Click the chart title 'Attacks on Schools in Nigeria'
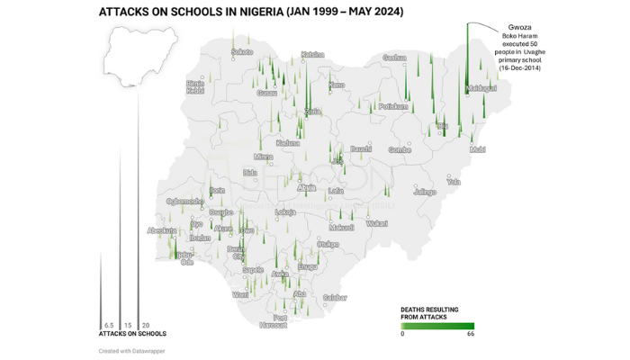[x=250, y=12]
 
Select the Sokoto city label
[x=242, y=52]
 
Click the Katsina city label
[x=312, y=54]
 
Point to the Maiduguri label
[x=482, y=88]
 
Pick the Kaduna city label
[x=288, y=142]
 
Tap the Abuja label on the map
[x=307, y=187]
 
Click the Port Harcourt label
[x=281, y=321]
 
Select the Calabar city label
[x=335, y=297]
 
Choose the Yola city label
[x=454, y=181]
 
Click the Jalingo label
[x=424, y=192]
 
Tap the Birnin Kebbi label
[x=195, y=86]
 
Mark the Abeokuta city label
[x=162, y=230]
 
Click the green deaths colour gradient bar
[x=437, y=326]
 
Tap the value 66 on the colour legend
[x=470, y=335]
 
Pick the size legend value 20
[x=146, y=325]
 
